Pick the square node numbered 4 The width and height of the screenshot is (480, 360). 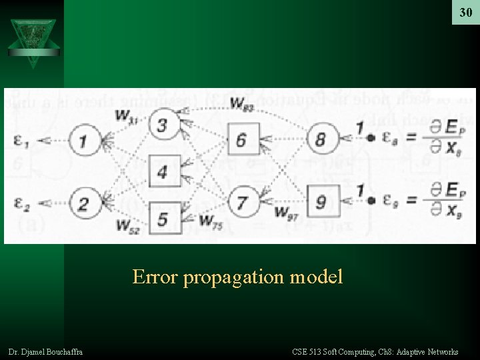(162, 171)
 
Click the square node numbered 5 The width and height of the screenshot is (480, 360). (162, 218)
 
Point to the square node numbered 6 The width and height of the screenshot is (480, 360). (241, 140)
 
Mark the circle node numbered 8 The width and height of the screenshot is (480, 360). (321, 140)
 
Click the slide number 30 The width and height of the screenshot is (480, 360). (465, 13)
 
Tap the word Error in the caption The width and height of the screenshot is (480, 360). (155, 276)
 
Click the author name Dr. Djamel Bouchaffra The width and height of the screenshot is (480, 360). (46, 351)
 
